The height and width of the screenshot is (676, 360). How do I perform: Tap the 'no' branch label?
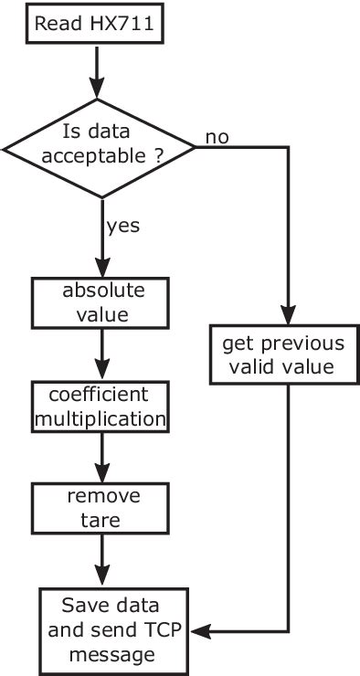(217, 138)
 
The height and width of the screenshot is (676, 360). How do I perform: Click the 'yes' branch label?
(124, 224)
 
